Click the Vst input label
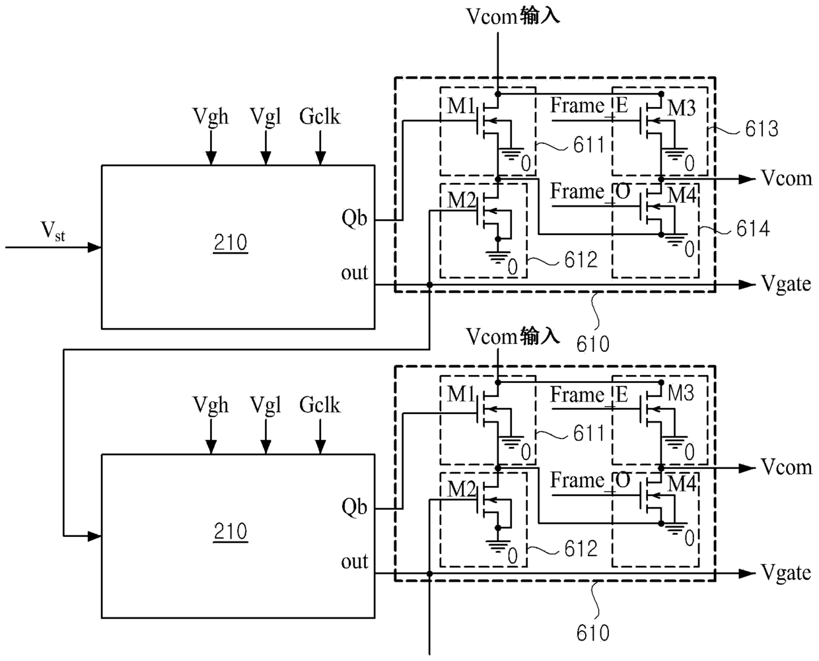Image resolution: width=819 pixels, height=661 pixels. click(53, 231)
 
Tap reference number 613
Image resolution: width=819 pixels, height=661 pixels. click(762, 129)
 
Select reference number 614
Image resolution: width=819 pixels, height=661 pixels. click(753, 229)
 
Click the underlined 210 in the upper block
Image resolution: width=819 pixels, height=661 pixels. click(231, 243)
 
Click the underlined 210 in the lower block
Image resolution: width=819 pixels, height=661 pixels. click(231, 532)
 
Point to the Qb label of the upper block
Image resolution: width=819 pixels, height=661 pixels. click(354, 219)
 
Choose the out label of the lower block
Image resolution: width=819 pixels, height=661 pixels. click(355, 561)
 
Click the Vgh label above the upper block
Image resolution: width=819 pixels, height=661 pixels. click(210, 117)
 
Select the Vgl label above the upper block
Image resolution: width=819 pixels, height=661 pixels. click(266, 117)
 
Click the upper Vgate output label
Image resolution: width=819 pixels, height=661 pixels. click(786, 285)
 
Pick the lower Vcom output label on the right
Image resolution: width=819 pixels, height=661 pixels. click(787, 468)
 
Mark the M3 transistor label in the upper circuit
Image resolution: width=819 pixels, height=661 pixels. click(682, 108)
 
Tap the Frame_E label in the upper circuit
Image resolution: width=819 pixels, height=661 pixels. click(589, 106)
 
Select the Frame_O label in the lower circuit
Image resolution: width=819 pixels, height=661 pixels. click(590, 481)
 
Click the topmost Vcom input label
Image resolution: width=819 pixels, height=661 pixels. click(513, 17)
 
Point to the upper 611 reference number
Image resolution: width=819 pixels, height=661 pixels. click(589, 145)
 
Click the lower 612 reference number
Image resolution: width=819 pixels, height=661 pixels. click(581, 549)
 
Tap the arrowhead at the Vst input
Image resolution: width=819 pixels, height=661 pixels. click(94, 248)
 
